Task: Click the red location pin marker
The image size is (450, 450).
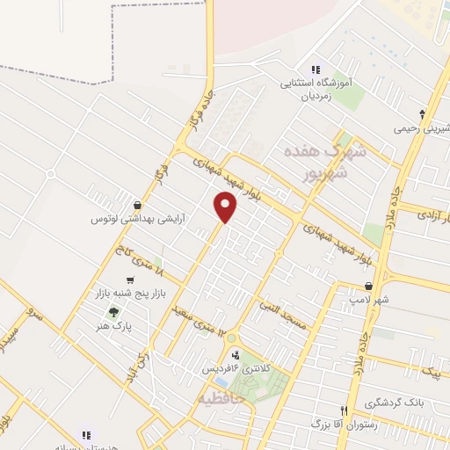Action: (x=226, y=207)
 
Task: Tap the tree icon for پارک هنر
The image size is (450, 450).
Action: (x=112, y=312)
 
